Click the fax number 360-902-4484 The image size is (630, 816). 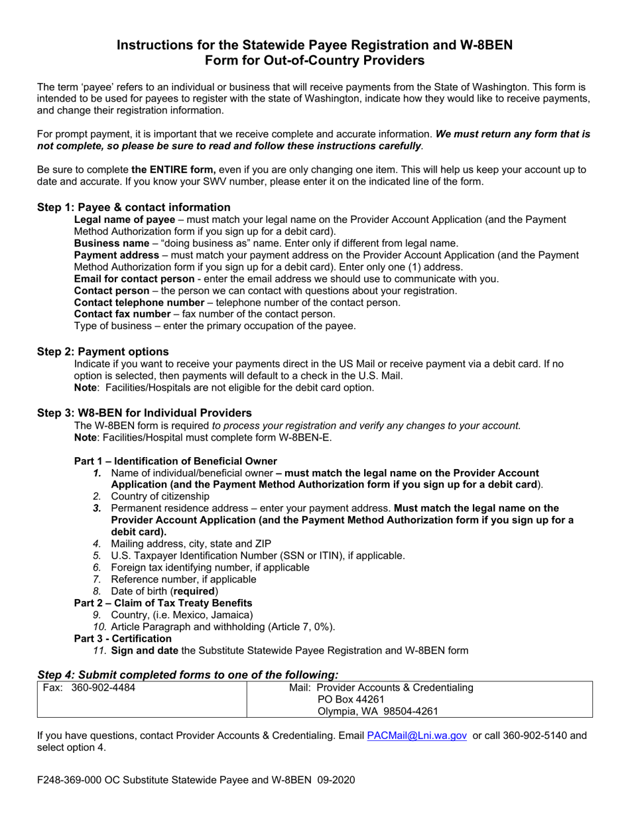(103, 687)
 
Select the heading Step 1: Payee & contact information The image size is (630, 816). (134, 207)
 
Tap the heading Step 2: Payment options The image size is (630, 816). (103, 352)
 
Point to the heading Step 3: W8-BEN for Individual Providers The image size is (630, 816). (144, 413)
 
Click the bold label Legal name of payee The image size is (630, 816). (125, 220)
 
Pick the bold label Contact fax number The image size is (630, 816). (122, 314)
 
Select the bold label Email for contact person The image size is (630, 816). (134, 279)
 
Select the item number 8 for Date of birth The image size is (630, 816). (97, 591)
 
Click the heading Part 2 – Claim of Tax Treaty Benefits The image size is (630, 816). (163, 602)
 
